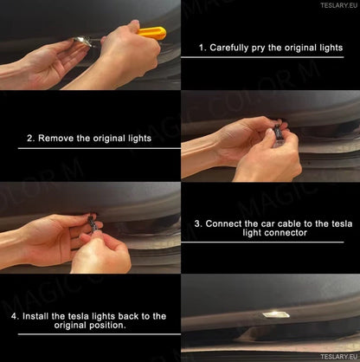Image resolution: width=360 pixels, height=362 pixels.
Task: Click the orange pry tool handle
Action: pos(152,33)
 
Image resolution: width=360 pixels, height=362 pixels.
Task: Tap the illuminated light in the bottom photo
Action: pos(276,314)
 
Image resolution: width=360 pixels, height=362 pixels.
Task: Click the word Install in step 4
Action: pos(35,316)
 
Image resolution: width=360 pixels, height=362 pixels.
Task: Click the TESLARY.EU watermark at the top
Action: pos(338,5)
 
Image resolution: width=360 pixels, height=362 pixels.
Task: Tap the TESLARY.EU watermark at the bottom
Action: pos(338,357)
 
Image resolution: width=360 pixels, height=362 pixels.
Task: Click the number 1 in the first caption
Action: pos(202,48)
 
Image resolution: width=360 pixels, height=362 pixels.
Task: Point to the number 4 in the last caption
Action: pos(14,316)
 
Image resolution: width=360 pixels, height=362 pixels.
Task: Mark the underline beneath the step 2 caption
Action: pos(100,148)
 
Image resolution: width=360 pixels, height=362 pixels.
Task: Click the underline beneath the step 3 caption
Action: pos(262,242)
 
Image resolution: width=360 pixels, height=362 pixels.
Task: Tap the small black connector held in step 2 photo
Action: pos(277,132)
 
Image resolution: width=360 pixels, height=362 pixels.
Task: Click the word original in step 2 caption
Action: pos(109,139)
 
